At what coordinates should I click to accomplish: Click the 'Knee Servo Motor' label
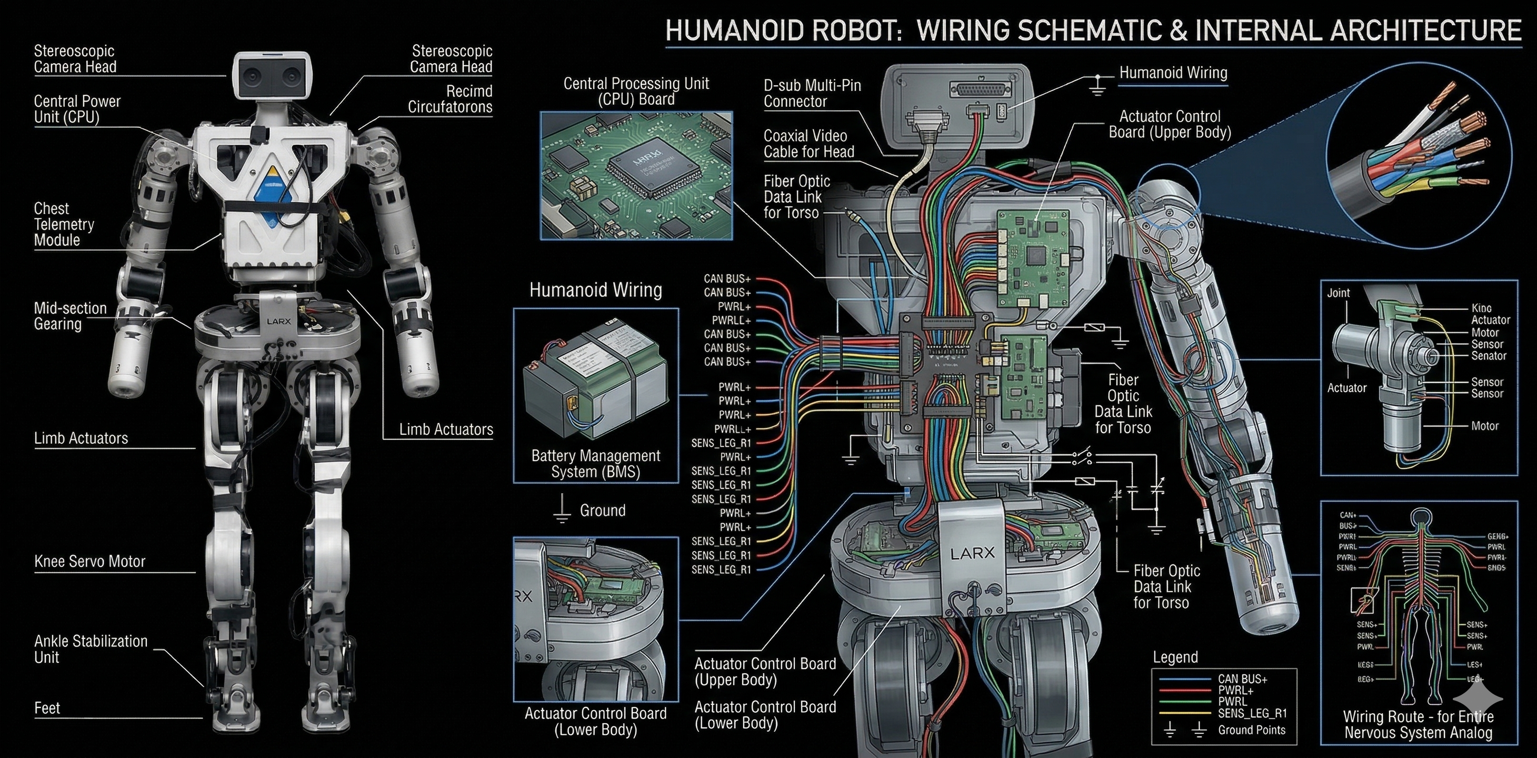tap(89, 562)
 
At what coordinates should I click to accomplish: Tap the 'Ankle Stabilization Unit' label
tap(91, 650)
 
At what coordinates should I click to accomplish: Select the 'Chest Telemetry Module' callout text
tap(64, 224)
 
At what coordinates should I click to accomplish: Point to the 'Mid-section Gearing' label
tap(70, 316)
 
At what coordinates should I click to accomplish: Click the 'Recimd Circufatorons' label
tap(450, 99)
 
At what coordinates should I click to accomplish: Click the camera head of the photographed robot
tap(273, 76)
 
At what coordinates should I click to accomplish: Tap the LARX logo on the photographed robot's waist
tap(278, 321)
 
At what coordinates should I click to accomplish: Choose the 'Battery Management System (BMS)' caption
tap(595, 464)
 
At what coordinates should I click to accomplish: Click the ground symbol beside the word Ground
tap(562, 509)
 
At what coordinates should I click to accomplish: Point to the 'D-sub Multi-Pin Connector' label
tap(812, 94)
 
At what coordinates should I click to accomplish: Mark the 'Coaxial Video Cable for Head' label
tap(809, 144)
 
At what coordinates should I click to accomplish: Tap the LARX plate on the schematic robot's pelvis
tap(972, 553)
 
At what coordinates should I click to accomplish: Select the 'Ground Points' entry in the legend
tap(1251, 730)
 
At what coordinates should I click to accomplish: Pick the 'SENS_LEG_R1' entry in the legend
tap(1252, 713)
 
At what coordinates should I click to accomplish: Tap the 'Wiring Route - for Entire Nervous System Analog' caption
tap(1418, 725)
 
